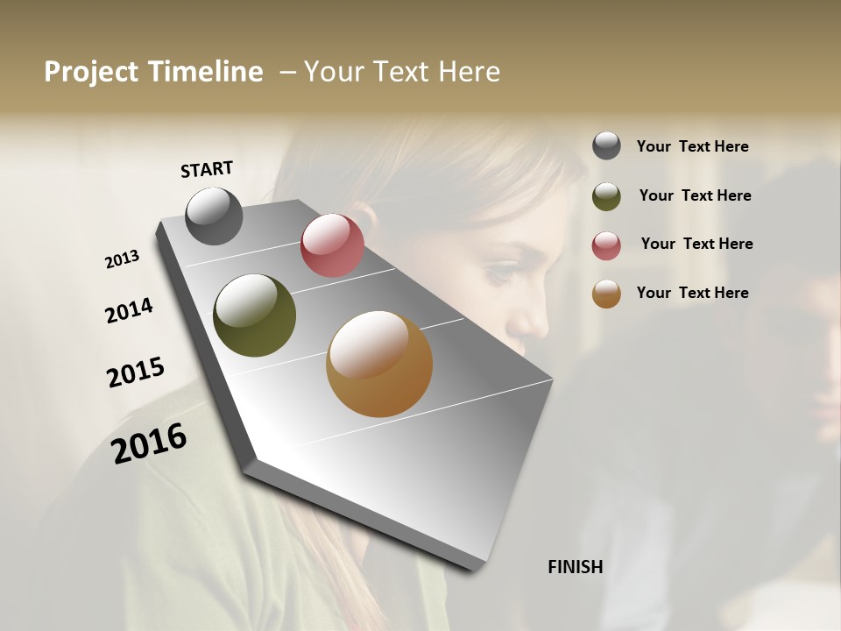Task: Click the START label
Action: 207,169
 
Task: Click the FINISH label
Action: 575,567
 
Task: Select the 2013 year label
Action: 122,259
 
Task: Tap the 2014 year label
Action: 129,311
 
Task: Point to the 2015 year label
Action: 136,372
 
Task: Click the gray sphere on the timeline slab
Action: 214,216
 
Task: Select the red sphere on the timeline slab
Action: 332,245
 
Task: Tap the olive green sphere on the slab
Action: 254,315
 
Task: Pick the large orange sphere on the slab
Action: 379,364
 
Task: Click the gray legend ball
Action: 606,146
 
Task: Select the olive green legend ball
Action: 606,196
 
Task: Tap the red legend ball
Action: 606,245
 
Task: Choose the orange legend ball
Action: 606,294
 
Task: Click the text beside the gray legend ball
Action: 692,147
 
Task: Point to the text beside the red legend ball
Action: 696,244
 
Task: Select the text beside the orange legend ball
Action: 692,293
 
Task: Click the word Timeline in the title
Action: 207,72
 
